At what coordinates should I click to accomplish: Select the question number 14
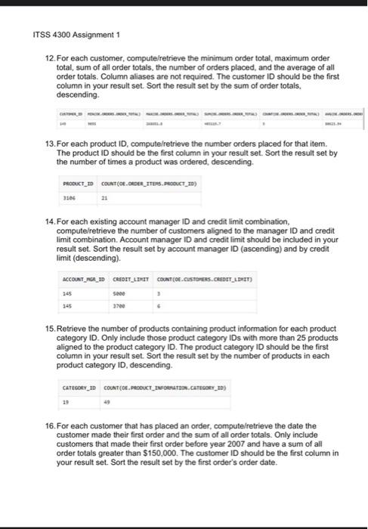(x=53, y=218)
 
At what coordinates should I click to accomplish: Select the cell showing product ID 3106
(x=70, y=198)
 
